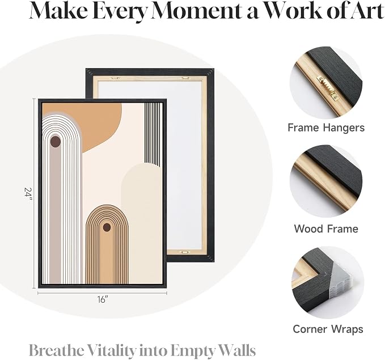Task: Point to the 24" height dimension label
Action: [x=28, y=194]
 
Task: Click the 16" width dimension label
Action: [x=103, y=299]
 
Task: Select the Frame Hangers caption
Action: [x=326, y=128]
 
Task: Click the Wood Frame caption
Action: [x=326, y=228]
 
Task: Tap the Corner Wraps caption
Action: [x=328, y=329]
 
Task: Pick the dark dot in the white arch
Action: [x=56, y=142]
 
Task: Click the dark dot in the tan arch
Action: [x=107, y=227]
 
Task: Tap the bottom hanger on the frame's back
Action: [x=184, y=252]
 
